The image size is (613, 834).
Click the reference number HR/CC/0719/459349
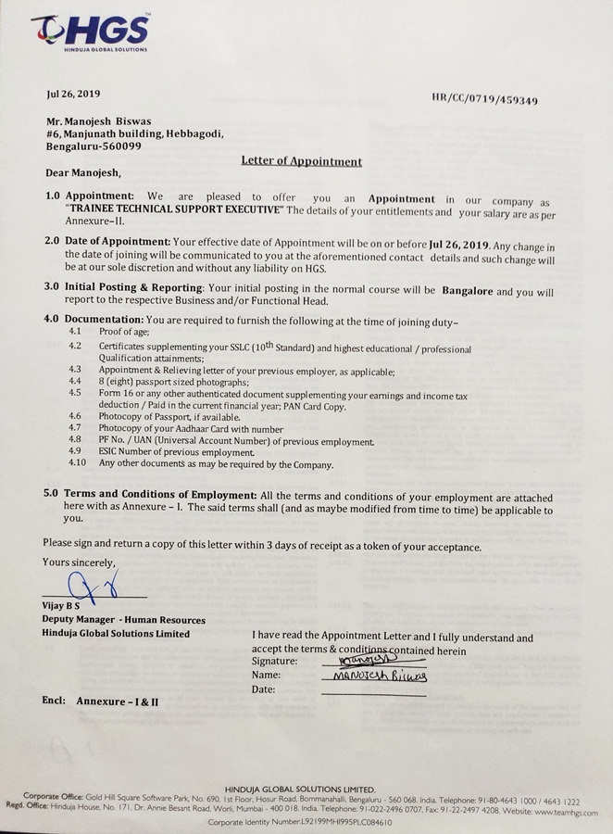coord(484,99)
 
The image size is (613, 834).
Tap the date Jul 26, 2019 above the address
coord(73,94)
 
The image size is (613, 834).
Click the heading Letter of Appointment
coord(301,160)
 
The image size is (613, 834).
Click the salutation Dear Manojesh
coord(82,172)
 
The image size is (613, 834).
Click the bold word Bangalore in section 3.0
coord(467,290)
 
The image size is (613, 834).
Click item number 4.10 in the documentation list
coord(78,462)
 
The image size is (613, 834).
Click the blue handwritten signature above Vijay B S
coord(87,587)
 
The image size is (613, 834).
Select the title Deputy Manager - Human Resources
coord(123,620)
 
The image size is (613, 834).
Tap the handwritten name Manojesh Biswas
coord(373,676)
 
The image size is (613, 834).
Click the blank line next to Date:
coord(372,691)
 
